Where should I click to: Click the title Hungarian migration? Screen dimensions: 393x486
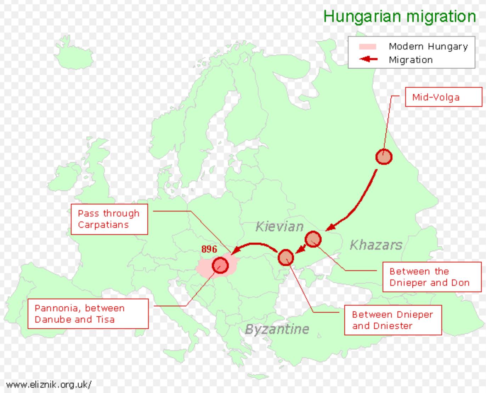point(399,16)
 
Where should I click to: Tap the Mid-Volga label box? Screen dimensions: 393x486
point(443,97)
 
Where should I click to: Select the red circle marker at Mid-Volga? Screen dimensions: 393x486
point(384,156)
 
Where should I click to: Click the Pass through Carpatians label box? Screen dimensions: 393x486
point(109,219)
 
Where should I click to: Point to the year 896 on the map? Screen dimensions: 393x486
point(209,249)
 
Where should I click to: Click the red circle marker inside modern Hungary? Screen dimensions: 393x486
point(220,265)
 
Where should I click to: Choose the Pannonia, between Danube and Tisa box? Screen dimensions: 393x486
point(88,314)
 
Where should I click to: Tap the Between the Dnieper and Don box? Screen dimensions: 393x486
point(432,277)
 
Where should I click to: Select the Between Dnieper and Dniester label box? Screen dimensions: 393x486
point(393,320)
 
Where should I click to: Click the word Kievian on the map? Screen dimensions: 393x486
point(279,226)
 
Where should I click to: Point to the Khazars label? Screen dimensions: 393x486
point(376,245)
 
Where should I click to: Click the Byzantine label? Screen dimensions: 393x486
point(277,329)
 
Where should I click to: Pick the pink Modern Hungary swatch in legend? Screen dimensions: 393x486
point(367,46)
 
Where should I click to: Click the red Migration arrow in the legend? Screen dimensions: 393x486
point(368,59)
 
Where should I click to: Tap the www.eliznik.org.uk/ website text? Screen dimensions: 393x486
point(49,384)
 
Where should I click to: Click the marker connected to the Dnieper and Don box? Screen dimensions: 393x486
point(313,239)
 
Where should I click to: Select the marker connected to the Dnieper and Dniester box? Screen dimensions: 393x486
point(286,258)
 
